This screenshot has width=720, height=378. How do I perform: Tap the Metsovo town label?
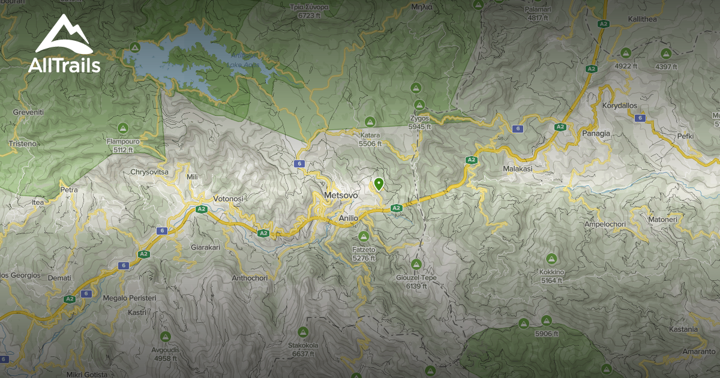tap(340, 196)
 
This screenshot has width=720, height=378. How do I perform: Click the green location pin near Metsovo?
tap(379, 184)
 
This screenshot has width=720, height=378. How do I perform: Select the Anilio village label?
tap(348, 218)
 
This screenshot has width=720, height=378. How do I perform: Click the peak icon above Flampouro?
tap(123, 128)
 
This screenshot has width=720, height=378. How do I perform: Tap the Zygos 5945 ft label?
tap(419, 123)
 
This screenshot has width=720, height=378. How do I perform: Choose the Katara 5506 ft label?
tap(370, 140)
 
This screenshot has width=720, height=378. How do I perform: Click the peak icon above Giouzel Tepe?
tap(416, 264)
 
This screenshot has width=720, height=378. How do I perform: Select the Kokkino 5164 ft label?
tap(551, 277)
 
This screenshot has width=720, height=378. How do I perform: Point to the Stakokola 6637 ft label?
tap(303, 350)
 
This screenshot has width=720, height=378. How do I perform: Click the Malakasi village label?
tap(517, 169)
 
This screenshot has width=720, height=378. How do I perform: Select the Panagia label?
tap(595, 133)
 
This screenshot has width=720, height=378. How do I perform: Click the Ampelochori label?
tap(604, 224)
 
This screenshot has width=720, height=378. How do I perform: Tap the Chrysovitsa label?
tap(149, 172)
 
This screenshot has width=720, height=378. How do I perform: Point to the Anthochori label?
tap(249, 278)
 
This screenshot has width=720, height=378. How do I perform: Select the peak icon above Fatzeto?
tap(364, 236)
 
